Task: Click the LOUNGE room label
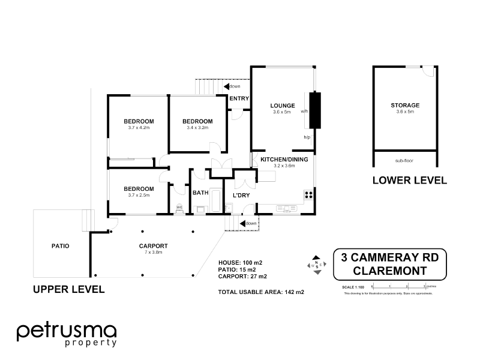pyautogui.click(x=281, y=106)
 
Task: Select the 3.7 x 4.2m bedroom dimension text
pyautogui.click(x=137, y=127)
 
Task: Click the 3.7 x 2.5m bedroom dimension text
pyautogui.click(x=137, y=194)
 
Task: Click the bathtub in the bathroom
pyautogui.click(x=200, y=209)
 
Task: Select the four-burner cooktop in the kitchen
pyautogui.click(x=308, y=194)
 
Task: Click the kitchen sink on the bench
pyautogui.click(x=283, y=209)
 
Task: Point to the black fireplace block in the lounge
pyautogui.click(x=314, y=110)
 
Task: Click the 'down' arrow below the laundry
pyautogui.click(x=248, y=224)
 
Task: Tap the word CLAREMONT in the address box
pyautogui.click(x=389, y=271)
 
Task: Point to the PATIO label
pyautogui.click(x=60, y=245)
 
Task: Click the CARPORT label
pyautogui.click(x=152, y=245)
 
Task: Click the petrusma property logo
pyautogui.click(x=67, y=334)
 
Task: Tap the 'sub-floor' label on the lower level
pyautogui.click(x=404, y=161)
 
